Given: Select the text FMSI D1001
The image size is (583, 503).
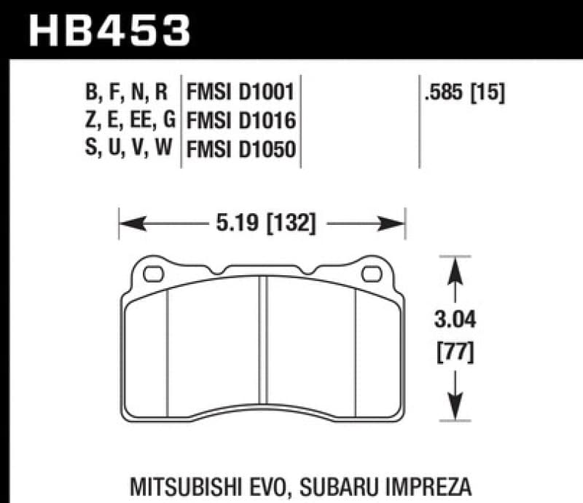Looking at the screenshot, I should point(240,92).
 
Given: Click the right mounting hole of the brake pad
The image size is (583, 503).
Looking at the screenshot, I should point(372,274).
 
